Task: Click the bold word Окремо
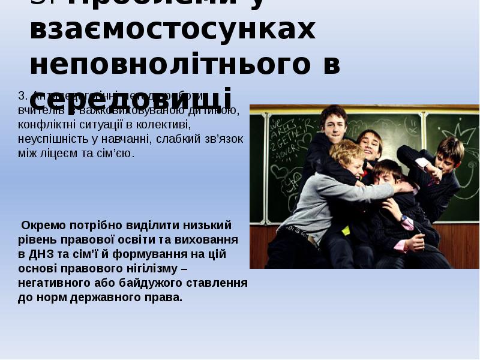[42, 226]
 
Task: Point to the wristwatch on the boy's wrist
[404, 219]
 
